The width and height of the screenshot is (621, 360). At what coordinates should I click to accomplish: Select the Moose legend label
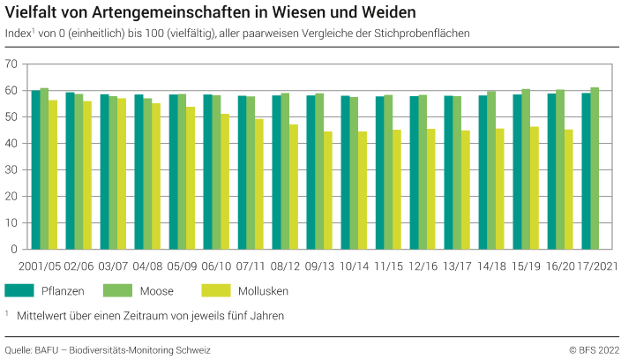157,290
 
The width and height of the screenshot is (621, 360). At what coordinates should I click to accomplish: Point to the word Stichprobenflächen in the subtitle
420,33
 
